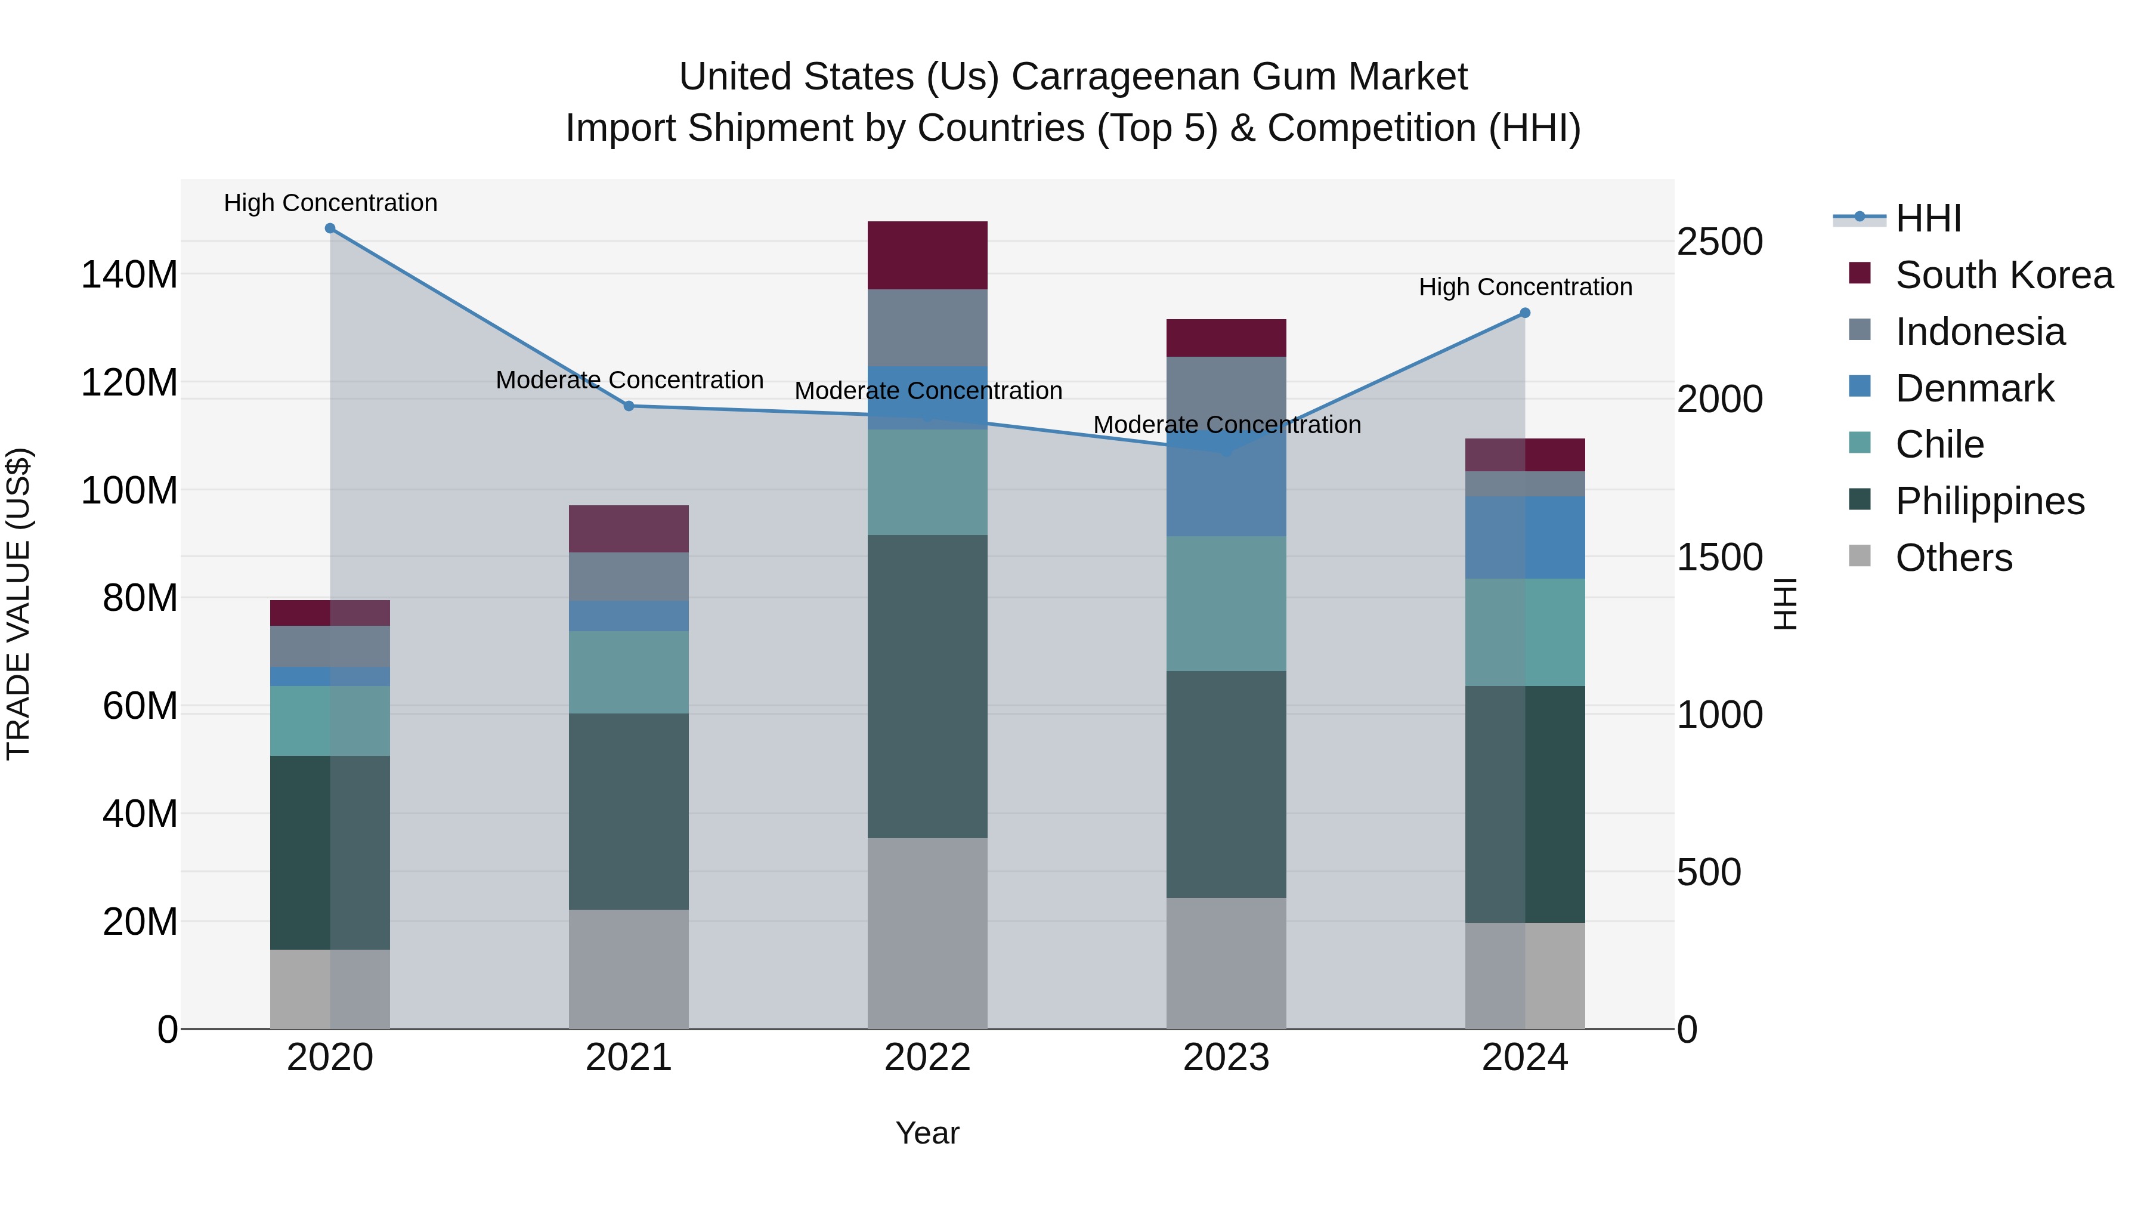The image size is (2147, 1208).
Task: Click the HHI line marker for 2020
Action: [330, 228]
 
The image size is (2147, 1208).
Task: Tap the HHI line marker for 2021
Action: [629, 406]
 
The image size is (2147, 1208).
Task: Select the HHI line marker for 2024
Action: [1525, 313]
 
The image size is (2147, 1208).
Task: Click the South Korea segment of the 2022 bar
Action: [927, 255]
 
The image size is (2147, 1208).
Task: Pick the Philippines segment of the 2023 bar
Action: [1226, 784]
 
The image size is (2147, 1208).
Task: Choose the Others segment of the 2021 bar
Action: [629, 969]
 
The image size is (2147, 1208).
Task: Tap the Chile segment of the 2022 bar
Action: [927, 482]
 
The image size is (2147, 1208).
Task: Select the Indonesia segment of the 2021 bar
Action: [629, 576]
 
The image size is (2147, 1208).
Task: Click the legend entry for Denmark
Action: [1975, 388]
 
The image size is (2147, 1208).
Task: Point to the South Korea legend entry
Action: [2004, 275]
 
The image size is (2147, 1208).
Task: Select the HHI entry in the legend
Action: [1928, 218]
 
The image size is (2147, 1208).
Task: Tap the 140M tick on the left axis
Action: [129, 274]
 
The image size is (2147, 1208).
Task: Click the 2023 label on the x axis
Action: [1226, 1058]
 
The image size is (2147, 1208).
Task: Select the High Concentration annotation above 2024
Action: [1525, 287]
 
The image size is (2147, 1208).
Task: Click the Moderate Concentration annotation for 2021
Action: [629, 380]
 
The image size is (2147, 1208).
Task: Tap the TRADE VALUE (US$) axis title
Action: [18, 604]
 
